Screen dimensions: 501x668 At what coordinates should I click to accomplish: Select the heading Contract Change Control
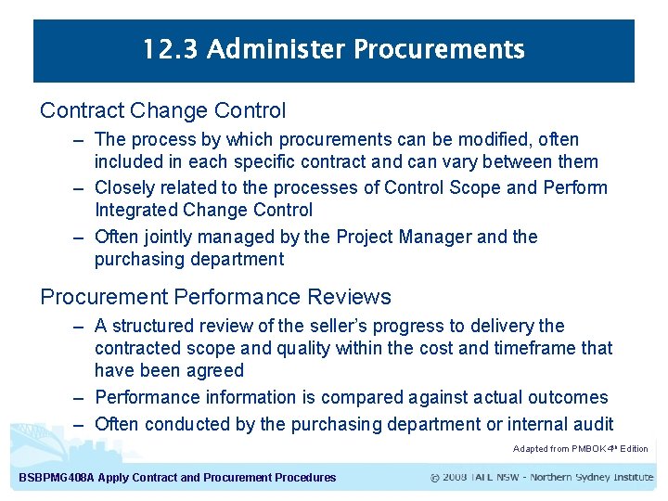pyautogui.click(x=162, y=110)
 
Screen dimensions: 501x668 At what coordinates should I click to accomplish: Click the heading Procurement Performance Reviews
pyautogui.click(x=215, y=297)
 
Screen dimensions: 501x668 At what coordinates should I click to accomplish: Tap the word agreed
pyautogui.click(x=214, y=371)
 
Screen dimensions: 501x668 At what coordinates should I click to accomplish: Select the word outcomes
pyautogui.click(x=568, y=398)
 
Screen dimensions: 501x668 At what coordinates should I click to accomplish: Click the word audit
pyautogui.click(x=591, y=425)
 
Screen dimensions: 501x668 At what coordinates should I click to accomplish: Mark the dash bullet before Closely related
pyautogui.click(x=81, y=188)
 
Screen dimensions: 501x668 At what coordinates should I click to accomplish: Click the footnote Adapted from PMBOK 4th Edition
pyautogui.click(x=580, y=449)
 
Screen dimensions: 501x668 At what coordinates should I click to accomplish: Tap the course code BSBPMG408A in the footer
pyautogui.click(x=56, y=478)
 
